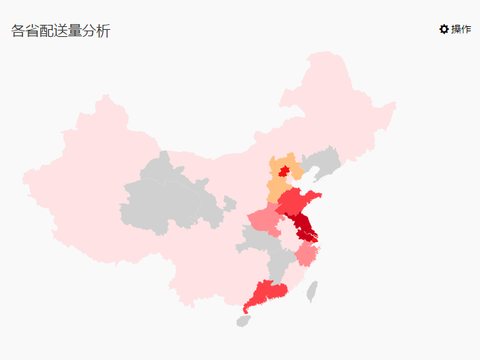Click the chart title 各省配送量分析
point(61,31)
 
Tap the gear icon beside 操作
point(444,29)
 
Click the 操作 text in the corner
point(461,29)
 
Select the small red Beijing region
point(284,171)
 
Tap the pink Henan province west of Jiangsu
point(264,221)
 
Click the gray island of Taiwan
point(312,290)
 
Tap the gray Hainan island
point(244,321)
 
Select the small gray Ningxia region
point(229,204)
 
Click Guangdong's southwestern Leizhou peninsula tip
point(246,310)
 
